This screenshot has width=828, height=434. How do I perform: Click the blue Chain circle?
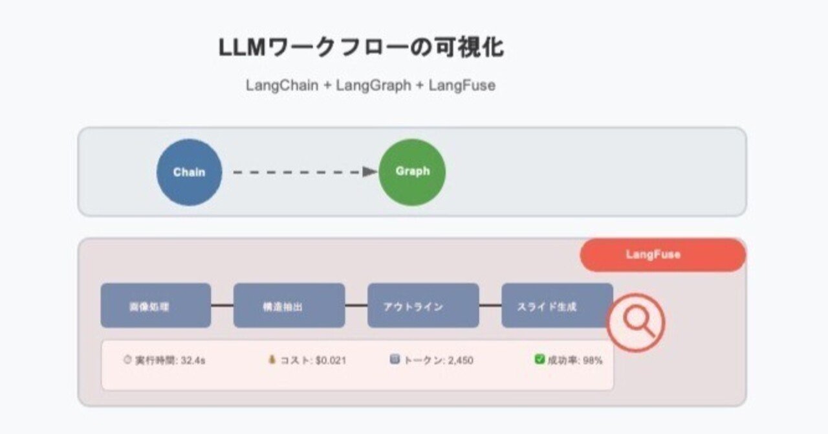(x=189, y=172)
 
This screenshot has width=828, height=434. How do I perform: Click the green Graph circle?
(x=412, y=172)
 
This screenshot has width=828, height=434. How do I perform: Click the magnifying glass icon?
(x=636, y=322)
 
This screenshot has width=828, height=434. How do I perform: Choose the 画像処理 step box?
(x=156, y=306)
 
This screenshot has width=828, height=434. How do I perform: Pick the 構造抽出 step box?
(x=289, y=306)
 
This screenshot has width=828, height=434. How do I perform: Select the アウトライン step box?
(x=423, y=306)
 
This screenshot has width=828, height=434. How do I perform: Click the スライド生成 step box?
(x=557, y=306)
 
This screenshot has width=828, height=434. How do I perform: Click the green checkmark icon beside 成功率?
(x=539, y=360)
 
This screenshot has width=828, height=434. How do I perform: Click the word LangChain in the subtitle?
(x=281, y=86)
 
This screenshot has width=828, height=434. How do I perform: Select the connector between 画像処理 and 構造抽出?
(x=222, y=306)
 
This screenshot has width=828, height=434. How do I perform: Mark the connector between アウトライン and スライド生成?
(x=490, y=306)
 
